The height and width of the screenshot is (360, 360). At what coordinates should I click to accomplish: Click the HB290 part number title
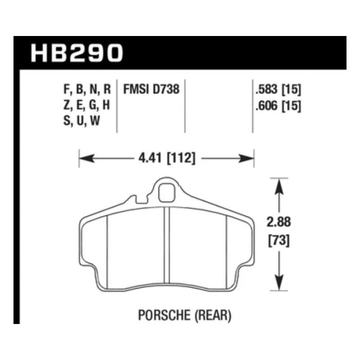pyautogui.click(x=77, y=53)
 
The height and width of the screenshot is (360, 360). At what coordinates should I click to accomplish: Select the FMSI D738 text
pyautogui.click(x=151, y=89)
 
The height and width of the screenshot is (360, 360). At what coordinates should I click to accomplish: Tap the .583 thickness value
pyautogui.click(x=266, y=89)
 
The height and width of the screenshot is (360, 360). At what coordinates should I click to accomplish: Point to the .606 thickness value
pyautogui.click(x=266, y=106)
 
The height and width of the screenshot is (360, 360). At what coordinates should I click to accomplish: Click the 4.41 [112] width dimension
pyautogui.click(x=167, y=158)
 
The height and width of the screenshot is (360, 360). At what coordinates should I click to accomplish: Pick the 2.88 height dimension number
pyautogui.click(x=279, y=222)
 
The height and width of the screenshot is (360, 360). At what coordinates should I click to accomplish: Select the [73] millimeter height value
pyautogui.click(x=279, y=241)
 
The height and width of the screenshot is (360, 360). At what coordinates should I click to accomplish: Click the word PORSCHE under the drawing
pyautogui.click(x=165, y=315)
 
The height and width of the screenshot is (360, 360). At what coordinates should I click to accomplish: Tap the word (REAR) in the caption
pyautogui.click(x=213, y=315)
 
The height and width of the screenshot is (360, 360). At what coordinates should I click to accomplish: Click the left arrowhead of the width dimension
pyautogui.click(x=86, y=158)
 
